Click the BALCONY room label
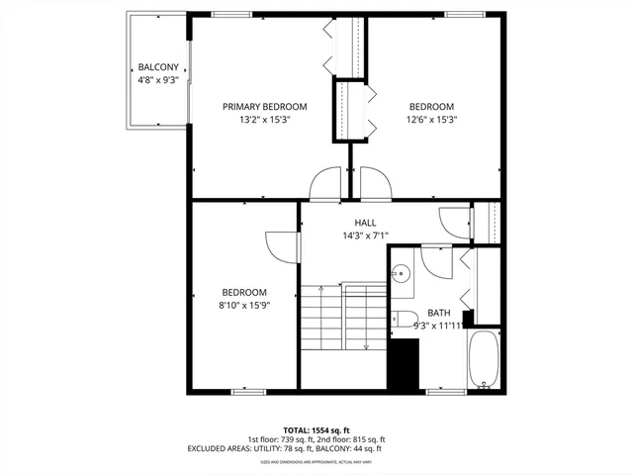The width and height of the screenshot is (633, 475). click(x=157, y=68)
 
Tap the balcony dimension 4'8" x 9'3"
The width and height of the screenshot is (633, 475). click(x=157, y=80)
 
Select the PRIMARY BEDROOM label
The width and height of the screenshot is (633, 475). click(x=264, y=107)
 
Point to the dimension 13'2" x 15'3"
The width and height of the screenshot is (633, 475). click(x=264, y=120)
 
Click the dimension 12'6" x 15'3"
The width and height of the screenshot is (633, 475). click(x=431, y=120)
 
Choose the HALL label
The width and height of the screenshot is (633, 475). click(x=365, y=224)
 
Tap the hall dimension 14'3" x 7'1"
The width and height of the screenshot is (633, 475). click(x=365, y=236)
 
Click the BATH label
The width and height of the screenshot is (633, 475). click(x=439, y=312)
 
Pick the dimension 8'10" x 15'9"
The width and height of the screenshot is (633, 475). click(x=244, y=305)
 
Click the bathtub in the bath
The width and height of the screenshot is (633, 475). click(x=484, y=360)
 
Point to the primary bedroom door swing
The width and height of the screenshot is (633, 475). click(x=325, y=184)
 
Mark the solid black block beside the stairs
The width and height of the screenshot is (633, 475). click(x=403, y=364)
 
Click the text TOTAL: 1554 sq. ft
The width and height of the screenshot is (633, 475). click(x=316, y=429)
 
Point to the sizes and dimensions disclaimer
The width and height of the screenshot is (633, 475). click(x=316, y=461)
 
